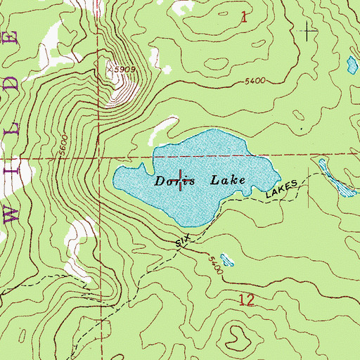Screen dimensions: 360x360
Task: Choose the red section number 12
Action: [x=247, y=300]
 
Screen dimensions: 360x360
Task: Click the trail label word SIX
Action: [x=183, y=241]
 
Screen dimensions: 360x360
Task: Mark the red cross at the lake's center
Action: [x=184, y=181]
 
